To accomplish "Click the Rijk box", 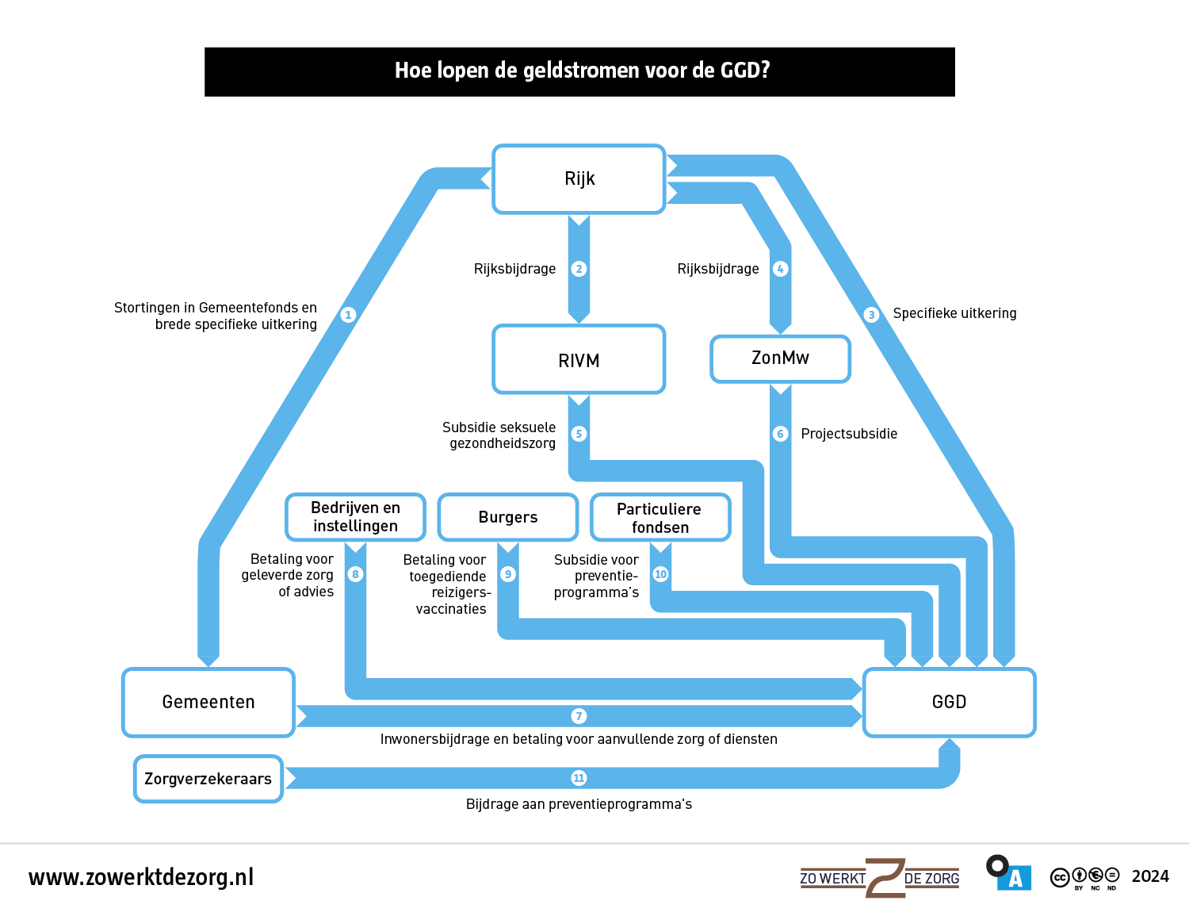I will [579, 179].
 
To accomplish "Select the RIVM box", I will [579, 360].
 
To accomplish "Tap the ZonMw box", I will [781, 358].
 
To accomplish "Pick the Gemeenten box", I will [208, 703].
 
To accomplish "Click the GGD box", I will [949, 703].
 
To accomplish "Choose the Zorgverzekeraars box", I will [208, 779].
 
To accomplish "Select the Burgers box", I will [508, 517].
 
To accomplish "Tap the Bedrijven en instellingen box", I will [355, 517].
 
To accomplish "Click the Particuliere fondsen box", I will [660, 518].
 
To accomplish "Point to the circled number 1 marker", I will [348, 315].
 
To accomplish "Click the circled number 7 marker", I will [579, 716].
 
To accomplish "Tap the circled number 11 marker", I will [579, 778].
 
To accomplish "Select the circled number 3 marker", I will [872, 315].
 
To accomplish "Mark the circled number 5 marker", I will [579, 434].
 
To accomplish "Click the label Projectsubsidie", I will [849, 434].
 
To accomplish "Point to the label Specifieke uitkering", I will [954, 313].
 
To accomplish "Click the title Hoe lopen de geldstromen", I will [582, 71].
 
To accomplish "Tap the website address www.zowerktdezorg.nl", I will [141, 877].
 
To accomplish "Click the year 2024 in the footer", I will [1150, 876].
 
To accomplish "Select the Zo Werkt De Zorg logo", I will [880, 878].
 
